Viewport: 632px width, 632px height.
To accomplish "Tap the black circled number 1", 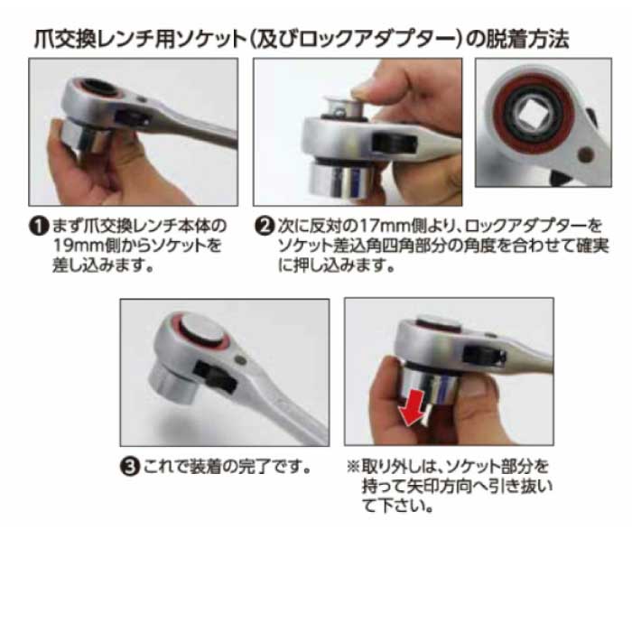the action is pos(39,226).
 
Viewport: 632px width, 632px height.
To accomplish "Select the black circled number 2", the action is pos(265,226).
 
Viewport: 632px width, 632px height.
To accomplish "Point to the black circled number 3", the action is pos(130,467).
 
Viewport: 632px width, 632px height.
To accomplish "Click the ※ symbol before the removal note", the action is pos(353,467).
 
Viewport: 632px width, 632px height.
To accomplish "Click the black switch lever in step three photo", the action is pos(215,377).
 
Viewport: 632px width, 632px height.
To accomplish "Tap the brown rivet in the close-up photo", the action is pos(586,154).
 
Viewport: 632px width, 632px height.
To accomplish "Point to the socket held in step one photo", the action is pos(83,137).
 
